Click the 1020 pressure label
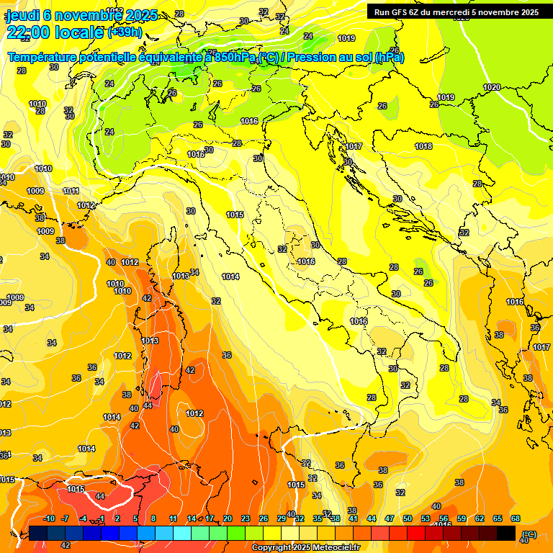pos(492,87)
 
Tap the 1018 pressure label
pos(423,146)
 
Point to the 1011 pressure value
pos(71,191)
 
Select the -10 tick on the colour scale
pos(49,518)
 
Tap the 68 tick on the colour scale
pos(516,518)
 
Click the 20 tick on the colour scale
pos(228,518)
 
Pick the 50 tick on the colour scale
pos(408,518)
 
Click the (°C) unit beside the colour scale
pos(529,534)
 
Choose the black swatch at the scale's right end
pos(506,533)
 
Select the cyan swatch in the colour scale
pos(182,533)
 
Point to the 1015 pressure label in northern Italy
pos(235,215)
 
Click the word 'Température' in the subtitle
pos(42,58)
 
